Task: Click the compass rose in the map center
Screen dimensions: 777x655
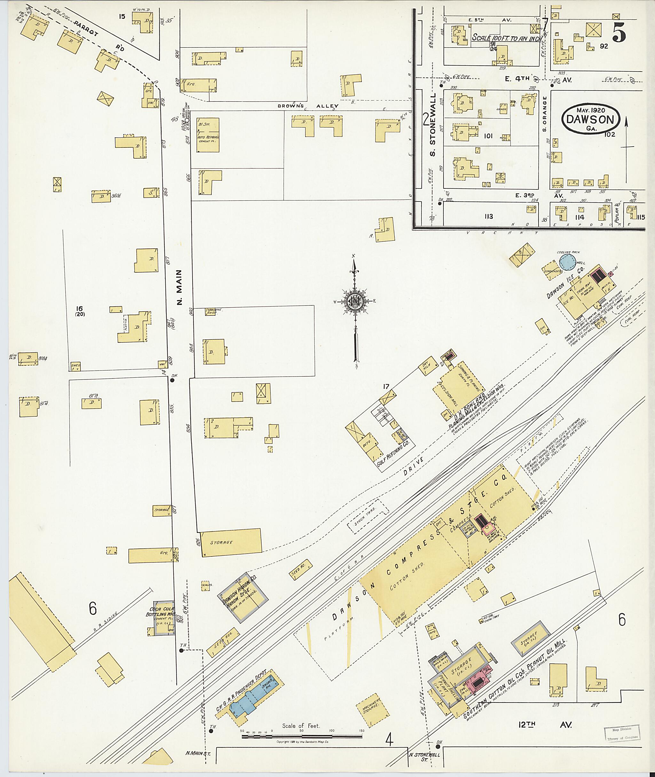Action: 355,303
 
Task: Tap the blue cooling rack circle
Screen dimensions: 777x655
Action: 568,263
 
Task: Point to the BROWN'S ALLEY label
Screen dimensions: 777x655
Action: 308,106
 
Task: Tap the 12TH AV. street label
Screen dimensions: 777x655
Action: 545,725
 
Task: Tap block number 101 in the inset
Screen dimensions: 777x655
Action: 488,136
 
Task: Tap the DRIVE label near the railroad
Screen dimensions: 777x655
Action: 413,467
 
